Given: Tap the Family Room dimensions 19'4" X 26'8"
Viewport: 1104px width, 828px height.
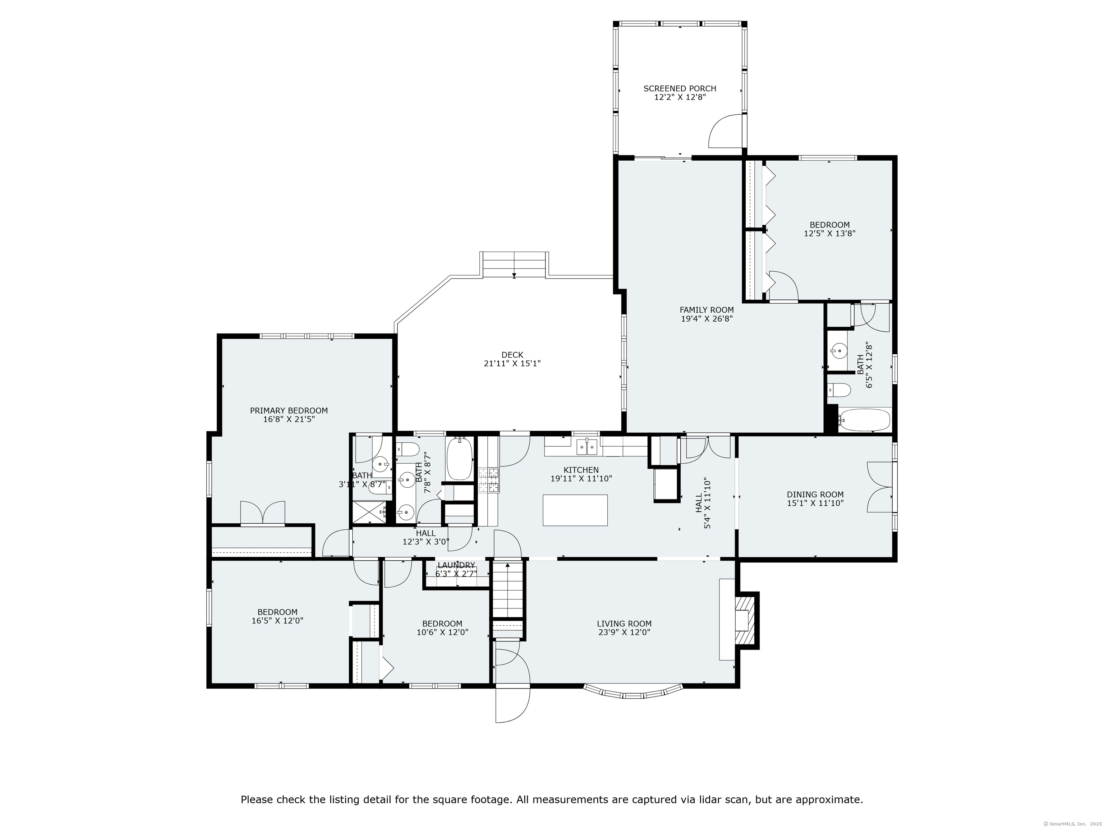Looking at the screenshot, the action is coord(707,318).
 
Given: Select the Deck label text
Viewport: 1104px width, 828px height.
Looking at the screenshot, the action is coord(512,355).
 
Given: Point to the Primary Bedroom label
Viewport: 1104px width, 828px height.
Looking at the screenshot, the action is coord(289,411).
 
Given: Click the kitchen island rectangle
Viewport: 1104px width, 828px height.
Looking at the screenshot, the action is coord(575,510).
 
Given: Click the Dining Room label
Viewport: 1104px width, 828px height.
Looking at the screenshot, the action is coord(815,494).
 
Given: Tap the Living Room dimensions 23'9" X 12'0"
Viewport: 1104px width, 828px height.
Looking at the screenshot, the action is coord(624,632).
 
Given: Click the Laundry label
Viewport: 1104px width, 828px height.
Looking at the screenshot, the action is coord(456,565).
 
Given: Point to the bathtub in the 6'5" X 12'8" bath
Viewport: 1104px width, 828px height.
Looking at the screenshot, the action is coord(864,420).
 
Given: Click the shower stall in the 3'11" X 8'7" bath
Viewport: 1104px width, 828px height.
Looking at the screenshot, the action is coord(369,512).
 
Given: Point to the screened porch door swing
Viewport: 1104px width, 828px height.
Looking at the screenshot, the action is coord(725,131).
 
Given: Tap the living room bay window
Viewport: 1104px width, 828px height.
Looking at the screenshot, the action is coord(633,692).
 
